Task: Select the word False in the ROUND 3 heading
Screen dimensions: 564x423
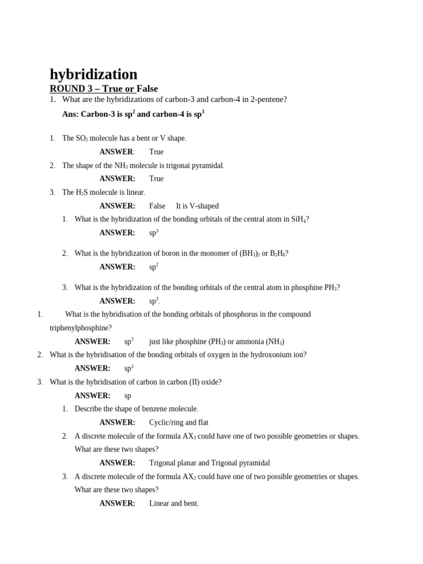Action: pyautogui.click(x=147, y=88)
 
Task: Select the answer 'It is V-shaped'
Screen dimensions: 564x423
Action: pyautogui.click(x=197, y=206)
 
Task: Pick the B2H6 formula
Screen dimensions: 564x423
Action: pyautogui.click(x=278, y=253)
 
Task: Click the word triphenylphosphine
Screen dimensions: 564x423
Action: pyautogui.click(x=80, y=328)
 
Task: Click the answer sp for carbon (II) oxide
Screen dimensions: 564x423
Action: pyautogui.click(x=128, y=395)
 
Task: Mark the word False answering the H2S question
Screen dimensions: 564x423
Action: pyautogui.click(x=157, y=206)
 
